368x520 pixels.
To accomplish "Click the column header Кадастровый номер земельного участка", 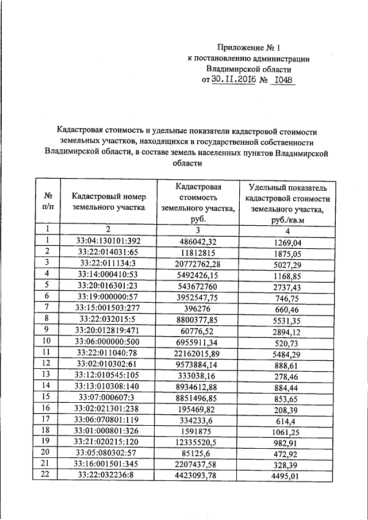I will click(x=109, y=202).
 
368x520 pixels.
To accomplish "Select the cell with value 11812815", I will click(x=198, y=252).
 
